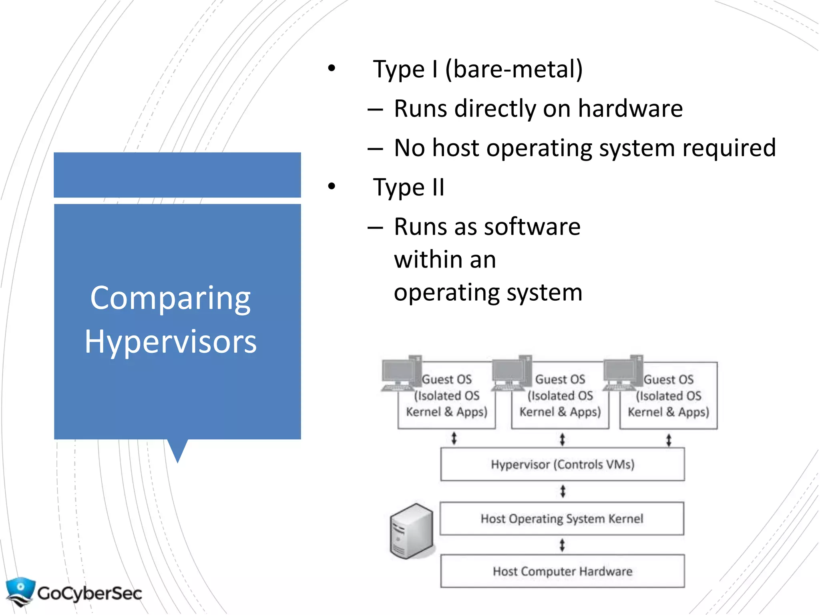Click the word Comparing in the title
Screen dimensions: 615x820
point(170,299)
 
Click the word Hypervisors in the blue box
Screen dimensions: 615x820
point(170,342)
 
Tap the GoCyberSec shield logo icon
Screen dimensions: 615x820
point(20,591)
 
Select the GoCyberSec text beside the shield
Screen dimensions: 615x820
point(89,593)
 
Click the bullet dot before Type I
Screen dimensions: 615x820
point(331,68)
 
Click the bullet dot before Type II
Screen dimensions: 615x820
point(331,186)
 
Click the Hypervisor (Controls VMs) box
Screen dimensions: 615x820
point(562,464)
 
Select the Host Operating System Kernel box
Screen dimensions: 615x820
point(562,519)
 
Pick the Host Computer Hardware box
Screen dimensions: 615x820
point(562,571)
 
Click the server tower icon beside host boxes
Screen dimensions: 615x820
point(411,531)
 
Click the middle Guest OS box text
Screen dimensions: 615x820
point(560,396)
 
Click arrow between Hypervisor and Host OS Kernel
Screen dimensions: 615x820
point(563,491)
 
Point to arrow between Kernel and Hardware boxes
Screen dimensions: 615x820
point(562,545)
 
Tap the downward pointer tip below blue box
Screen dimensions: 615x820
point(177,456)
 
